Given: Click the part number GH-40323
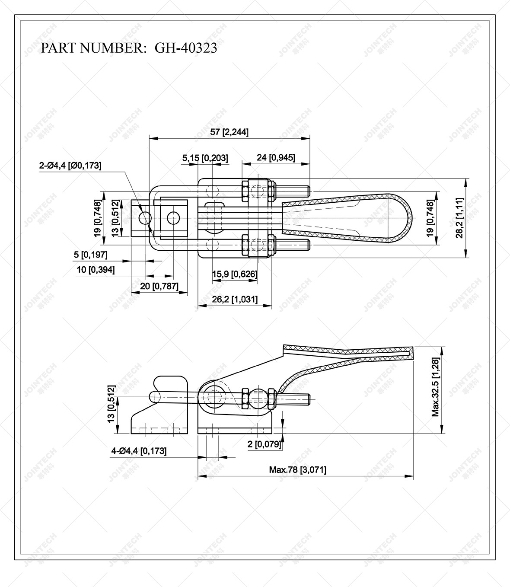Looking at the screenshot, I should click(186, 48).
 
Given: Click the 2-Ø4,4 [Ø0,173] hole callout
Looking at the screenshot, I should click(70, 165).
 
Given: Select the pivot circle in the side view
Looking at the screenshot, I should click(214, 396).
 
